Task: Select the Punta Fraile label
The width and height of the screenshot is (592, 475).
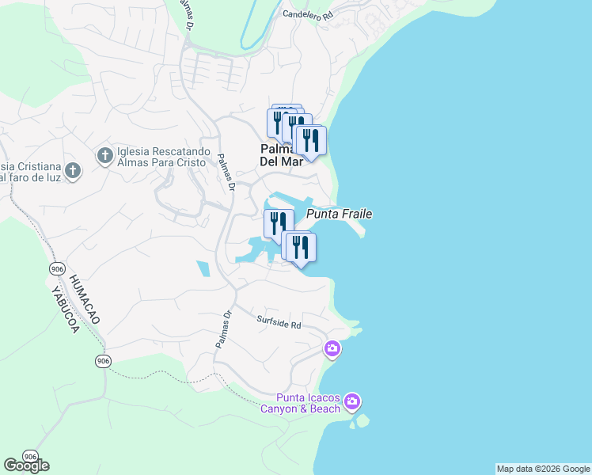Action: tap(339, 214)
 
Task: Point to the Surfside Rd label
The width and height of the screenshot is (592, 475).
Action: tap(279, 323)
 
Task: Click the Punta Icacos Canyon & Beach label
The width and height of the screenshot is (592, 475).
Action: tap(309, 403)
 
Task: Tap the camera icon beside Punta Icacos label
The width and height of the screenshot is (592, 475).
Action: tap(352, 401)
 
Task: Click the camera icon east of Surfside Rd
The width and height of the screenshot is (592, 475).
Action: tap(332, 348)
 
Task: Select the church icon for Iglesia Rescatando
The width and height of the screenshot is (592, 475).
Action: tap(104, 156)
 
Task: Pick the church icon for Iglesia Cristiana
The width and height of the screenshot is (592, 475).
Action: tap(72, 170)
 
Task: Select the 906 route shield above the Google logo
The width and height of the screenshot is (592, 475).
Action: tap(29, 457)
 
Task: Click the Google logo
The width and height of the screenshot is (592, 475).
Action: tap(26, 465)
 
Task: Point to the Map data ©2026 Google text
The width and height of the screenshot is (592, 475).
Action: tap(543, 469)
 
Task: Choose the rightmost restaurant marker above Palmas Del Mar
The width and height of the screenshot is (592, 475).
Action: tap(309, 141)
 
